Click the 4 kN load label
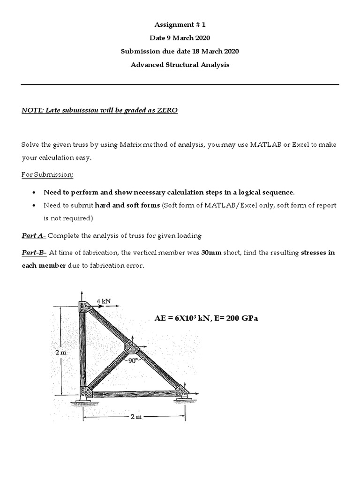tap(104, 300)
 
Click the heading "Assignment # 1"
tap(180, 25)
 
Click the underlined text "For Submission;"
tap(47, 174)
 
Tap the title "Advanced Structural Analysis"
tap(180, 65)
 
